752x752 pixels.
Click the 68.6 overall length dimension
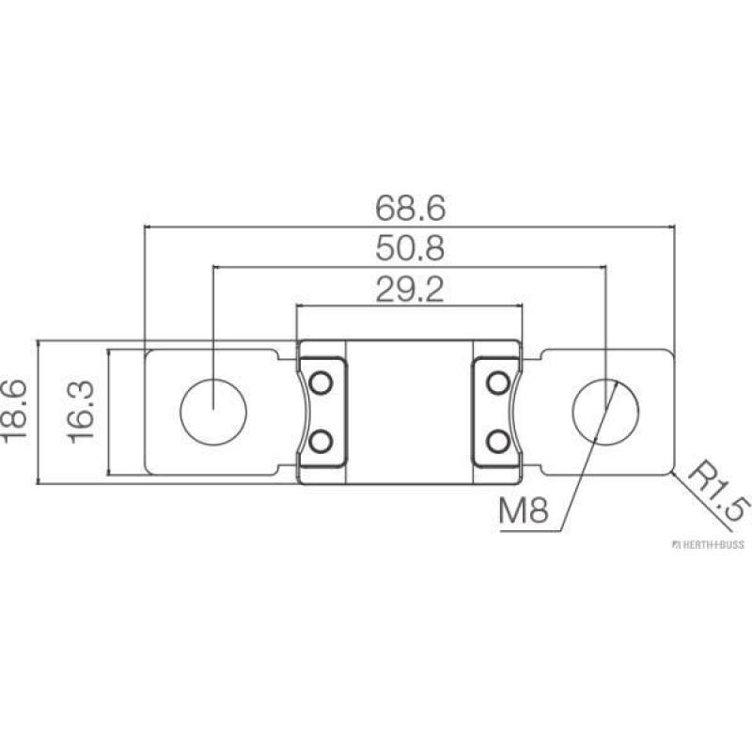tap(409, 205)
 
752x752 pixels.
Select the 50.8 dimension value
tap(409, 248)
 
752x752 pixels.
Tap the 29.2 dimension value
tap(409, 290)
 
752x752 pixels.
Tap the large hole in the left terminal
tap(214, 412)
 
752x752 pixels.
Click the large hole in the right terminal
tap(606, 412)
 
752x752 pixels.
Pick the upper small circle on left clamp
tap(321, 383)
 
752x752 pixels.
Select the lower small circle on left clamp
tap(321, 440)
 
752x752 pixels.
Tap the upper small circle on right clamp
tap(498, 383)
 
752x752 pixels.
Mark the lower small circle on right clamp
tap(498, 440)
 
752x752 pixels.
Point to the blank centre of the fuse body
tap(409, 412)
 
